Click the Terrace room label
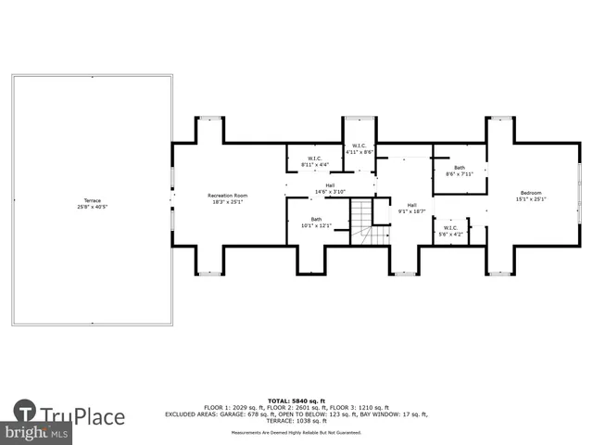(x=92, y=200)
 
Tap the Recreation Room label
(x=227, y=195)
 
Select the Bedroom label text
(x=531, y=194)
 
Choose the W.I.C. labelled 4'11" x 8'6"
(x=359, y=148)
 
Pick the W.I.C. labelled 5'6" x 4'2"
(x=450, y=231)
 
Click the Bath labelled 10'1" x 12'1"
(x=316, y=222)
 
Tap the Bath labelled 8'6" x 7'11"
(x=460, y=170)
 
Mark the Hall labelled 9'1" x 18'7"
(x=412, y=209)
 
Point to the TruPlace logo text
(x=83, y=414)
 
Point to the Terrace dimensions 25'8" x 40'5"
(x=92, y=206)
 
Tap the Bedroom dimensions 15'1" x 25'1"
(x=531, y=199)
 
